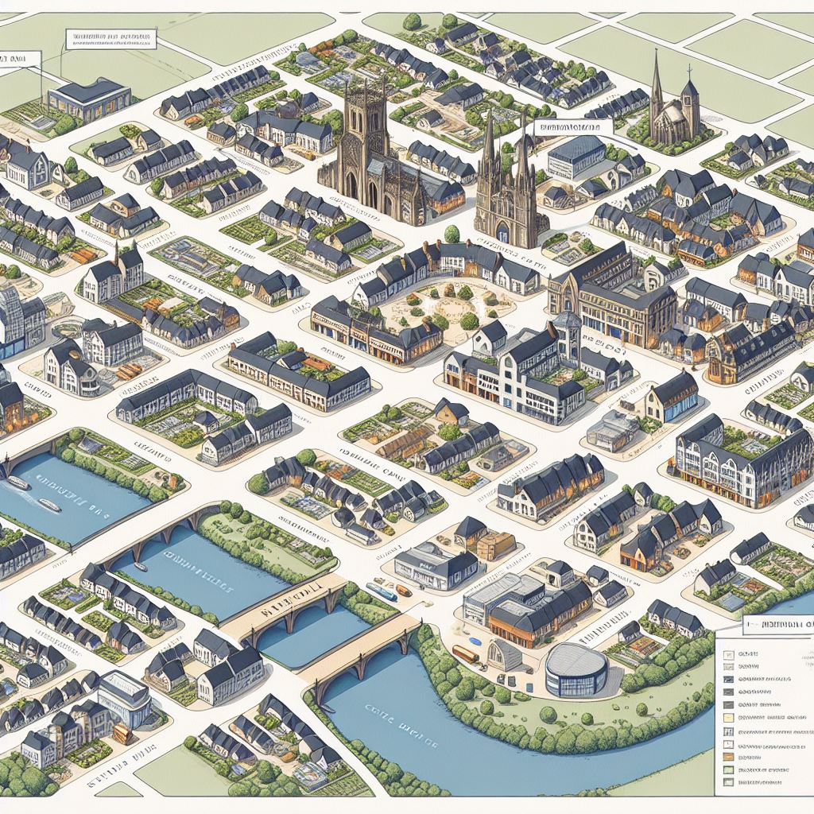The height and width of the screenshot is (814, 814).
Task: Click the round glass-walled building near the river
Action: point(576,669)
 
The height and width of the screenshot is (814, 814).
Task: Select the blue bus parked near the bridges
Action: point(381,591)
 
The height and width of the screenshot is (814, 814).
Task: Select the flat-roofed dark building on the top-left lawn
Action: point(89,99)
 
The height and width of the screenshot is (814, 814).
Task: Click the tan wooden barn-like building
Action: point(494,545)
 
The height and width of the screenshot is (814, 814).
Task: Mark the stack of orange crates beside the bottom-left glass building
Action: point(122,732)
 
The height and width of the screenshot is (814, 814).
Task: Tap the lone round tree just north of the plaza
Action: point(452,234)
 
